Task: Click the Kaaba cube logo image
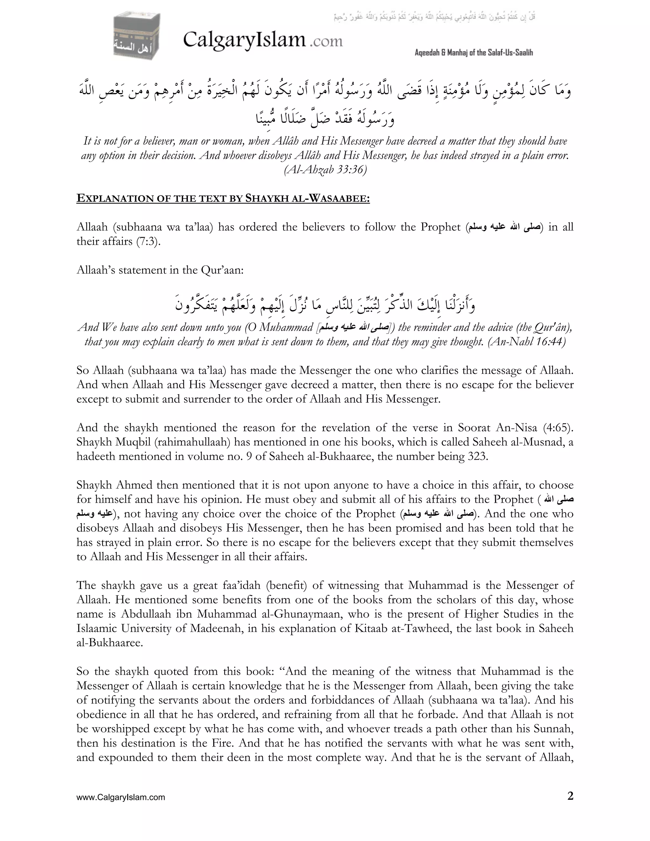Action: pyautogui.click(x=137, y=36)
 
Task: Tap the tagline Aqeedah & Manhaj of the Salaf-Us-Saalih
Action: pyautogui.click(x=474, y=53)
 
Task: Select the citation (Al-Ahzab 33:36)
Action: pyautogui.click(x=325, y=170)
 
